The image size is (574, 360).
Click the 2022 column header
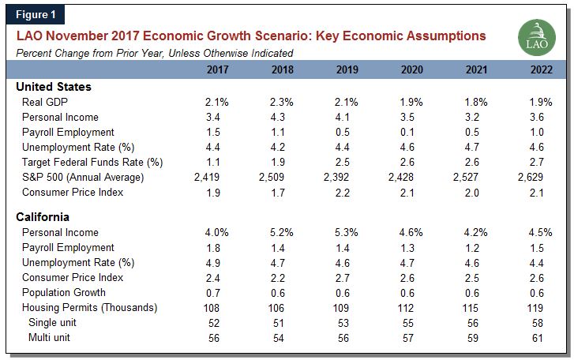point(542,69)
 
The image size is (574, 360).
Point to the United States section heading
point(54,87)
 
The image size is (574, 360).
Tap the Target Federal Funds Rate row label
point(92,162)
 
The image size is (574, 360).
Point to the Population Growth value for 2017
point(214,292)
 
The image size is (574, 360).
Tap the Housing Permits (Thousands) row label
point(89,307)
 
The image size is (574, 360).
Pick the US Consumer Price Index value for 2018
point(279,192)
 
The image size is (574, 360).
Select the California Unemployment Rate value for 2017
point(214,262)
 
